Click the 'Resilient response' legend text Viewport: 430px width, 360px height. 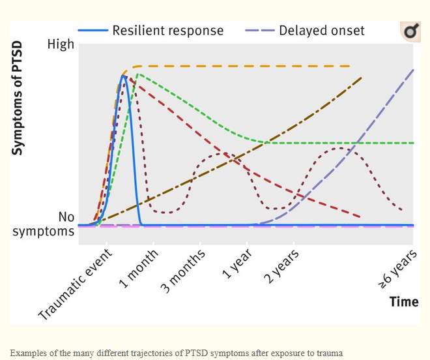[167, 30]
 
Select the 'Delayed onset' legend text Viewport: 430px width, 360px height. [322, 30]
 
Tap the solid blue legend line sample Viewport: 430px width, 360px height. [93, 30]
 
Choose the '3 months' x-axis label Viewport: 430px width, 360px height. [183, 271]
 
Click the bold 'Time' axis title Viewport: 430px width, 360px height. [404, 302]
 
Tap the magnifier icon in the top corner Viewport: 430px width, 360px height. [410, 31]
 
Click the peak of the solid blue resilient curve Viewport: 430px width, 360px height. [123, 76]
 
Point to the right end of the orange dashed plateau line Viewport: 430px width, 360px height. [350, 66]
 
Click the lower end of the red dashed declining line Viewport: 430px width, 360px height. [360, 216]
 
